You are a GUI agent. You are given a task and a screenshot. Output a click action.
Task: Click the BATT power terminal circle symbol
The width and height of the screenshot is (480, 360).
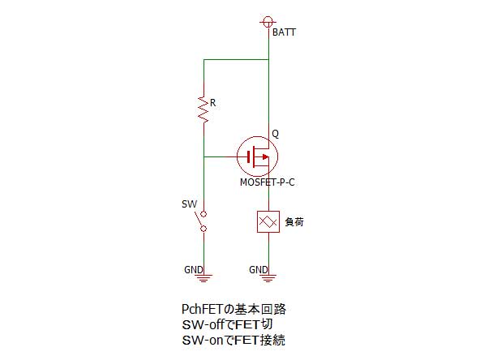click(x=268, y=22)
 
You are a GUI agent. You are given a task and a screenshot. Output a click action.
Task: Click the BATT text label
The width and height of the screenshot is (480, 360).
click(x=284, y=32)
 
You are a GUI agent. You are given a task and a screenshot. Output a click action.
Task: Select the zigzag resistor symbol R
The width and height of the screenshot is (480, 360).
click(x=204, y=109)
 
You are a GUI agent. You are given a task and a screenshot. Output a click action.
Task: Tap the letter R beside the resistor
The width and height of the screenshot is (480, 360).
click(x=212, y=103)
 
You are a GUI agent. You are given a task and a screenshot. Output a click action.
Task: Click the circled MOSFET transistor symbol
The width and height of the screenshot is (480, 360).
click(x=258, y=156)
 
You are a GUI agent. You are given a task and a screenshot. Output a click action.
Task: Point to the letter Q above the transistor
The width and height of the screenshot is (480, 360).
click(x=275, y=134)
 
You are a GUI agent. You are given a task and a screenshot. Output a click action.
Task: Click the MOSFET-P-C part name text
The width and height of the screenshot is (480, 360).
click(x=268, y=182)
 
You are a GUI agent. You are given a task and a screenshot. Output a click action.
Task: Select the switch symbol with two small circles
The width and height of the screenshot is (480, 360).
click(x=202, y=221)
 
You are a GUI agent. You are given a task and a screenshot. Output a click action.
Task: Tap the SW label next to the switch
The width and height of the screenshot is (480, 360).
click(x=189, y=204)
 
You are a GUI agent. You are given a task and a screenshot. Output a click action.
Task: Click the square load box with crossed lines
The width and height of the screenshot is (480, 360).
click(x=268, y=221)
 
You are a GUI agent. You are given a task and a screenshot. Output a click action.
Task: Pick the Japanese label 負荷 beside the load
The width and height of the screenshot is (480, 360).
click(x=294, y=221)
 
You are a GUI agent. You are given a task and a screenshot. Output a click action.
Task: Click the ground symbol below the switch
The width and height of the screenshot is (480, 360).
click(x=204, y=278)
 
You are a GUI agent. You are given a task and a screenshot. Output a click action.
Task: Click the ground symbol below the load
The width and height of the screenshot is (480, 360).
click(x=268, y=278)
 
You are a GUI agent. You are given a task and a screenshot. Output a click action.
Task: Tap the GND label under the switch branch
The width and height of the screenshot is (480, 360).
click(x=194, y=270)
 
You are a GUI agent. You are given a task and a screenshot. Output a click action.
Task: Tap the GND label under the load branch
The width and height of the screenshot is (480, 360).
click(x=259, y=270)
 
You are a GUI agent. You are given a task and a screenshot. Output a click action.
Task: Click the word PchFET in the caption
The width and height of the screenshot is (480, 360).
click(x=202, y=310)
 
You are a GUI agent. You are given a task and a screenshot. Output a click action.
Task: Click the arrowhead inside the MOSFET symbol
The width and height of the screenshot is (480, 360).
click(x=265, y=157)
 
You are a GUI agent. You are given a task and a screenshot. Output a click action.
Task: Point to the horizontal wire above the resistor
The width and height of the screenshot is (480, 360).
click(x=236, y=59)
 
